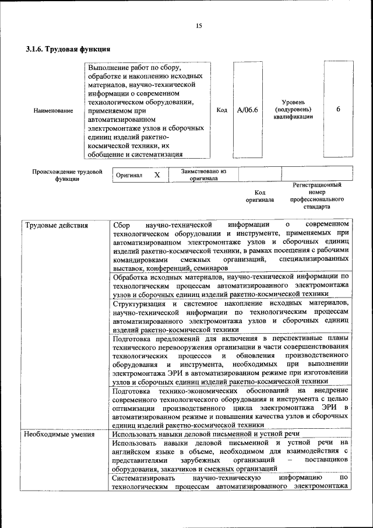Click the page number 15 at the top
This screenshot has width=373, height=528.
point(198,26)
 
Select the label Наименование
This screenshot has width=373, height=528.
point(54,110)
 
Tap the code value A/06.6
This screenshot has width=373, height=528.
point(248,110)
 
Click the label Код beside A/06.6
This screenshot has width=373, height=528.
point(221,110)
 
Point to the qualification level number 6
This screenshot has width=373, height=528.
point(338,110)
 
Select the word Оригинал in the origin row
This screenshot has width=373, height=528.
point(129,175)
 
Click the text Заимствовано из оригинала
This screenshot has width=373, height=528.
point(203,175)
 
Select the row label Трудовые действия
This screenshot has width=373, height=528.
point(56,225)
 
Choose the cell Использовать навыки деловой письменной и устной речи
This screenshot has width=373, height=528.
point(206,435)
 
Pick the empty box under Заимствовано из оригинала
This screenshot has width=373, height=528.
point(260,174)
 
